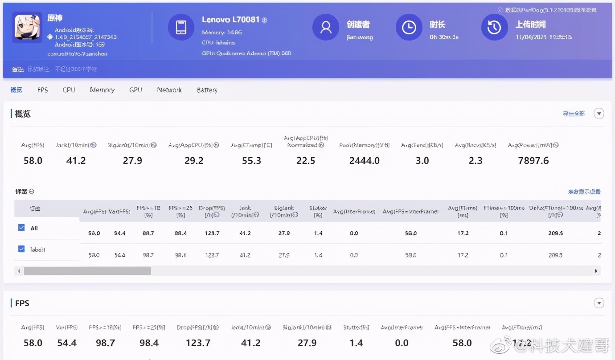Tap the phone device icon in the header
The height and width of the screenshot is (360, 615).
coord(181,27)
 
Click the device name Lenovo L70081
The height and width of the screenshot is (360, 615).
coord(230,20)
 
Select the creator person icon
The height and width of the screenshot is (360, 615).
coord(326,27)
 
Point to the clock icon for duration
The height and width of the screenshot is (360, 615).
coord(409,27)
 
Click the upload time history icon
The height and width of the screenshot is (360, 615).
coord(494,27)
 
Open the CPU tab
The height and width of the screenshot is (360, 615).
coord(69,90)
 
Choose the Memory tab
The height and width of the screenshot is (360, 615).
coord(102,90)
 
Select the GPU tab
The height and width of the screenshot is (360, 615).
coord(135,90)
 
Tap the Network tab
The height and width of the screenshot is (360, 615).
coord(169,90)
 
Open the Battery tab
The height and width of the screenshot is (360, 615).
coord(207,90)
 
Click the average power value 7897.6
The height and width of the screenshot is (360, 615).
coord(533,160)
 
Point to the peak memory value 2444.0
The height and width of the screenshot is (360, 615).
coord(364,160)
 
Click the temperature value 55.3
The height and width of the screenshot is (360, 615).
coord(251,160)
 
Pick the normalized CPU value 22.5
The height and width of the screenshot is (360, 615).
coord(306,160)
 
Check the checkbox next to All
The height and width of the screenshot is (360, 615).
coord(21,228)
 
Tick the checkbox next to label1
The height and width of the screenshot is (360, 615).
coord(21,249)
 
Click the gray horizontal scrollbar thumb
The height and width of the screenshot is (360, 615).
coord(87,271)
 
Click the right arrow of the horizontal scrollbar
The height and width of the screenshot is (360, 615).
coord(596,271)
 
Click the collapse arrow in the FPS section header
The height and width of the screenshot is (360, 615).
coord(599,303)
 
